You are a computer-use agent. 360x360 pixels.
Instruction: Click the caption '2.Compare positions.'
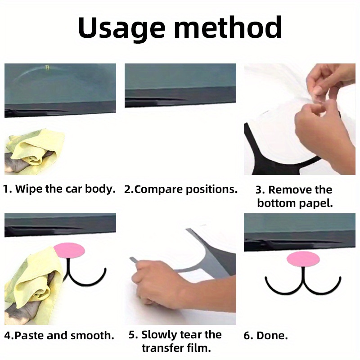pyautogui.click(x=180, y=189)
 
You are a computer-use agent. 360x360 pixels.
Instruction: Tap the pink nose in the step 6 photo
pyautogui.click(x=304, y=258)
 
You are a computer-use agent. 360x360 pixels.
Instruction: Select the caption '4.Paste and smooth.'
pyautogui.click(x=59, y=335)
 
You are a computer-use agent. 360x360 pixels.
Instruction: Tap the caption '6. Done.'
pyautogui.click(x=272, y=335)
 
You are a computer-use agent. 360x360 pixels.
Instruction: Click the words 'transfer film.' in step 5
pyautogui.click(x=176, y=348)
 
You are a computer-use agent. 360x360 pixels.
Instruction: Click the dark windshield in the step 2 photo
pyautogui.click(x=180, y=76)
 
